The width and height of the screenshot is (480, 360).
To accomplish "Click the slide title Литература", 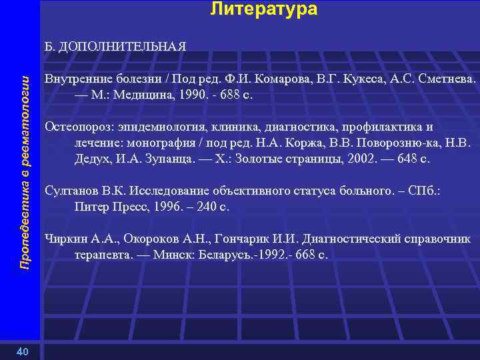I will [264, 9].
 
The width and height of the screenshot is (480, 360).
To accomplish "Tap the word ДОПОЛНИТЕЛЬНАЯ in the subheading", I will [123, 47].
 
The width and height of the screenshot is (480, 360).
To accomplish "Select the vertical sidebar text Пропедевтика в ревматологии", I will [25, 173].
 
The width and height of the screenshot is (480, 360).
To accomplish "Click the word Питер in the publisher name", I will [89, 207].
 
